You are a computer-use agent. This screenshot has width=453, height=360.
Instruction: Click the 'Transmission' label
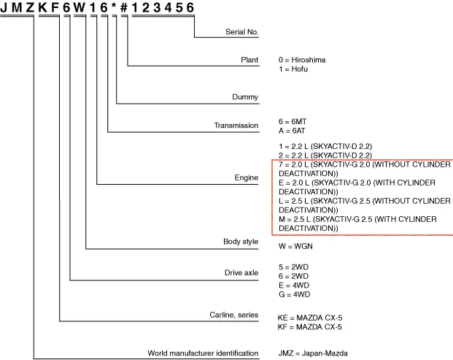[x=236, y=126]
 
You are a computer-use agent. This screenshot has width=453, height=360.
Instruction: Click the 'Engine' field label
[x=247, y=177]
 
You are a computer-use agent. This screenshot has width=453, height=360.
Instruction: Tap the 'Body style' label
[x=240, y=241]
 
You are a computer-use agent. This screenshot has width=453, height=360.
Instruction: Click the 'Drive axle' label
[x=241, y=272]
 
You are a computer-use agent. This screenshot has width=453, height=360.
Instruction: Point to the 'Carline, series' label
[x=233, y=315]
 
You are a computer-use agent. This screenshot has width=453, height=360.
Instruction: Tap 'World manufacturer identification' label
[x=203, y=353]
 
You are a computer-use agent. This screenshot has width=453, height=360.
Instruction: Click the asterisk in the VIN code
[x=114, y=7]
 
